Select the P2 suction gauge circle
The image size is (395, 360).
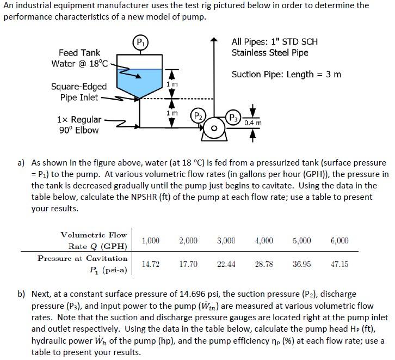pyautogui.click(x=197, y=116)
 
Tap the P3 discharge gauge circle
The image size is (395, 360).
pyautogui.click(x=233, y=118)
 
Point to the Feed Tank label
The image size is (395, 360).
pyautogui.click(x=79, y=53)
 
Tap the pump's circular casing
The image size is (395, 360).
pyautogui.click(x=213, y=129)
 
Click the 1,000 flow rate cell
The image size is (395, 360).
pyautogui.click(x=151, y=240)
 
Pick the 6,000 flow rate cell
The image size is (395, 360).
pyautogui.click(x=340, y=240)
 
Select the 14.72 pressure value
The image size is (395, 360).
pyautogui.click(x=151, y=264)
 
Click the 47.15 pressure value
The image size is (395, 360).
pyautogui.click(x=340, y=264)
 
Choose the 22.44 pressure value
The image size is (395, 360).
pyautogui.click(x=226, y=264)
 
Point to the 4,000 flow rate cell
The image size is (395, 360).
pyautogui.click(x=264, y=240)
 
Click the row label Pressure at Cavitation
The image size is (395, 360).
pyautogui.click(x=82, y=258)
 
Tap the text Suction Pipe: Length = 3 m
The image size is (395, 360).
pyautogui.click(x=286, y=75)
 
